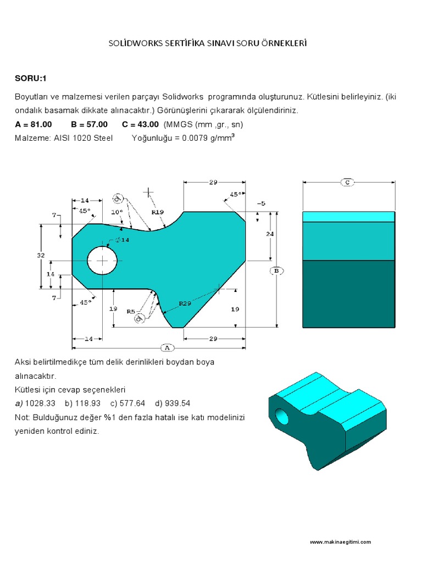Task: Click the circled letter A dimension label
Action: click(x=165, y=347)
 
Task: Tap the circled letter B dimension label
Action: click(x=276, y=271)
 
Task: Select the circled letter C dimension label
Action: click(x=347, y=182)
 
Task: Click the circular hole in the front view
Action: click(x=102, y=260)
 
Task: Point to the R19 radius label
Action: click(x=158, y=211)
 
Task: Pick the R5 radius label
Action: click(x=131, y=311)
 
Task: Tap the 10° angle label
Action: click(x=116, y=211)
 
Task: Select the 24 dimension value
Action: click(x=270, y=234)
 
